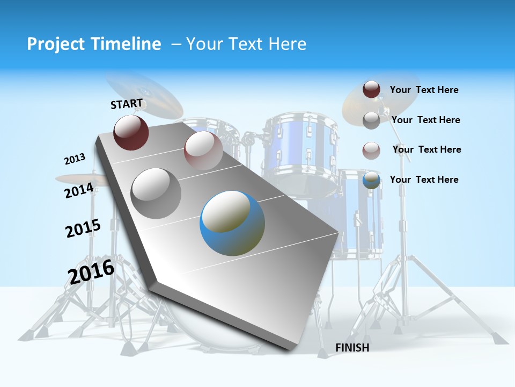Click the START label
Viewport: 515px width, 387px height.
127,104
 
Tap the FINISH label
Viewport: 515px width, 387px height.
352,348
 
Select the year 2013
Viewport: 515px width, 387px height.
75,159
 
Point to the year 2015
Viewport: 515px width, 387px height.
83,228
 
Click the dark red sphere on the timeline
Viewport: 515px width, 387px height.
131,132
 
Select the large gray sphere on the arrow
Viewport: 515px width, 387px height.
156,193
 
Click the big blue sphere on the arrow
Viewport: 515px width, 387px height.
232,223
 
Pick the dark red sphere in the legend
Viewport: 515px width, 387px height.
371,90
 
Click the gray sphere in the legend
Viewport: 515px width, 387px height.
371,120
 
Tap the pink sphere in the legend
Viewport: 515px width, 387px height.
371,150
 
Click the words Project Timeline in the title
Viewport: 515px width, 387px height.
94,44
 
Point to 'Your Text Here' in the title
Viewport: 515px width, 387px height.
246,44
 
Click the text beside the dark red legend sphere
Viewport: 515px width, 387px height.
424,90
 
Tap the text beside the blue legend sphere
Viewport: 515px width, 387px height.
424,180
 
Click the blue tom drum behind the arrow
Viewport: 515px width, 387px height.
300,148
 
